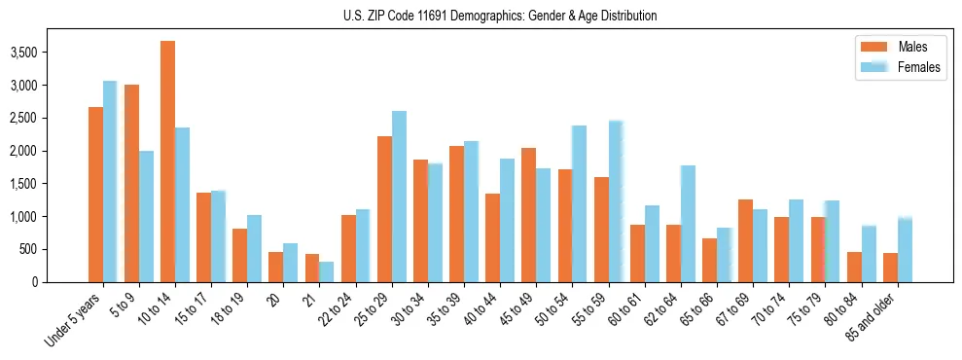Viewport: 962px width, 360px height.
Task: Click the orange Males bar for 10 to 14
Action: pyautogui.click(x=167, y=162)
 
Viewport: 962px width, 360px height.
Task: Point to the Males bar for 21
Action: pyautogui.click(x=312, y=268)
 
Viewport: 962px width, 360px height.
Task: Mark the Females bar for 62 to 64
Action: pyautogui.click(x=688, y=224)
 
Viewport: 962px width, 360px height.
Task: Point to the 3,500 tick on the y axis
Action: pyautogui.click(x=51, y=53)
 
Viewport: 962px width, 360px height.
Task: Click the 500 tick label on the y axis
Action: pyautogui.click(x=56, y=249)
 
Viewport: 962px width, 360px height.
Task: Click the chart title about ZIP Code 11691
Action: pyautogui.click(x=500, y=16)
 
